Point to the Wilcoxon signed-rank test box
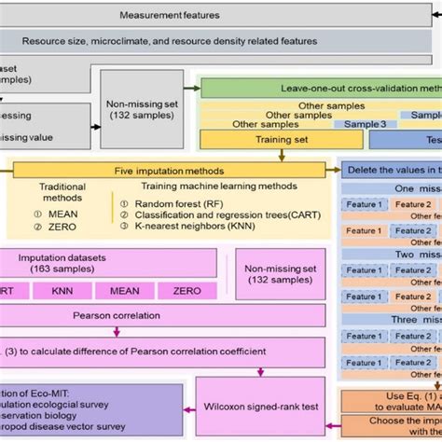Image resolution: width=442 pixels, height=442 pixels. coord(258,407)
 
